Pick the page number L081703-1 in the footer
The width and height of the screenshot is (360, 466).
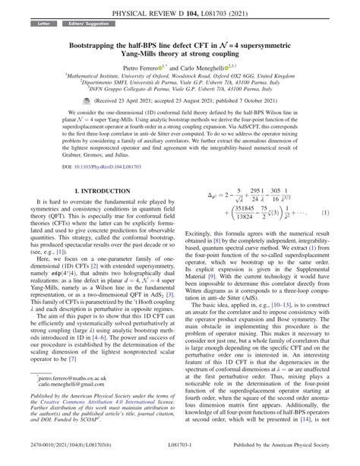180,456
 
